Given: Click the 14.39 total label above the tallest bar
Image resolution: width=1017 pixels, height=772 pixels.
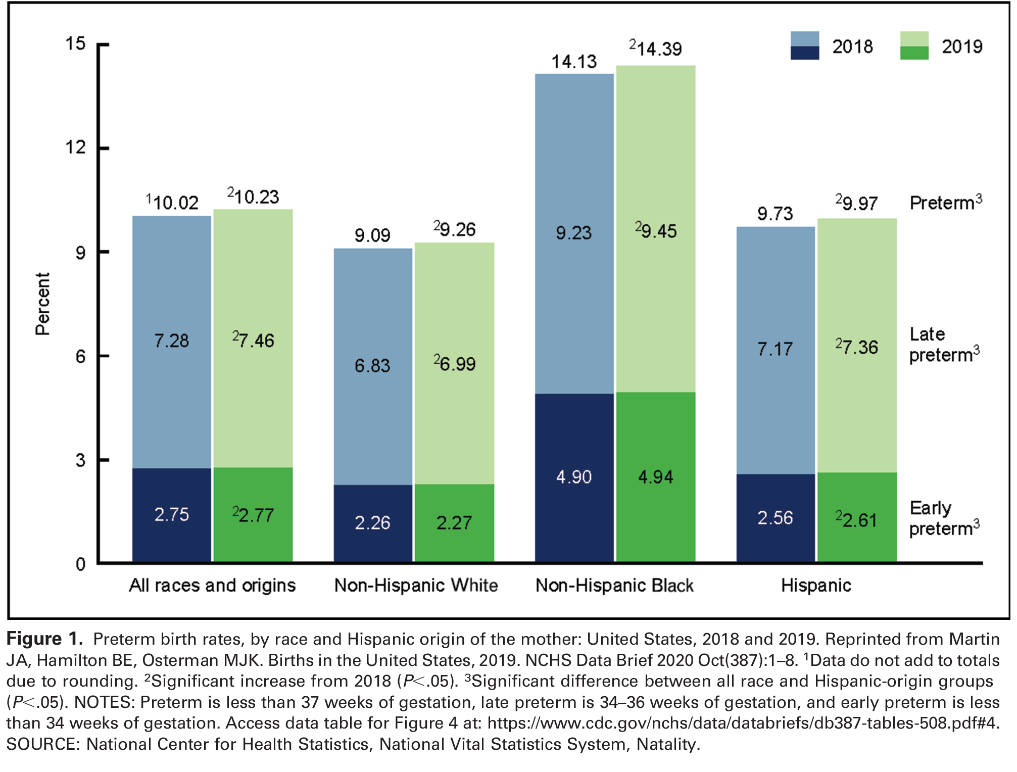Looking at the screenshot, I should click(658, 49).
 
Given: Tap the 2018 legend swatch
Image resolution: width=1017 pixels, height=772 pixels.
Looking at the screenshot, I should click(804, 46).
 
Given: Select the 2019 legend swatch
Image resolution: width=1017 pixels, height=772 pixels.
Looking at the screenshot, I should click(914, 46).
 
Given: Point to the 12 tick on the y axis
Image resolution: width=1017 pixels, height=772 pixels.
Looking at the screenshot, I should click(75, 148).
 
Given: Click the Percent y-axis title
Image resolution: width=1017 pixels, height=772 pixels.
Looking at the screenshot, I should click(43, 304).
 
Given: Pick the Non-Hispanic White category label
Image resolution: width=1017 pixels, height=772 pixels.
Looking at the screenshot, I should click(416, 585).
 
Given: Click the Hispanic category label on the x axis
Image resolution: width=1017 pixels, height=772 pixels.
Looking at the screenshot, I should click(816, 585).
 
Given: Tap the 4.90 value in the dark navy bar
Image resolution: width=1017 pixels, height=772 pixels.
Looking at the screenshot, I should click(573, 477).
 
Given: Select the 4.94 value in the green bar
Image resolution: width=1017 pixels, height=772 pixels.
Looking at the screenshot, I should click(655, 477).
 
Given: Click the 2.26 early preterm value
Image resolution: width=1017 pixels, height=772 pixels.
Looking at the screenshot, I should click(372, 522).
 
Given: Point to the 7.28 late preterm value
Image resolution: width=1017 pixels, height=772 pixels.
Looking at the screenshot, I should click(171, 341).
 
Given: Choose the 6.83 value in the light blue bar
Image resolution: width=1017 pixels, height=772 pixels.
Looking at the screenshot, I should click(372, 365).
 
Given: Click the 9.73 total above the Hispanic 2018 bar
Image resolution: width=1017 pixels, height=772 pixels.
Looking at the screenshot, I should click(774, 214).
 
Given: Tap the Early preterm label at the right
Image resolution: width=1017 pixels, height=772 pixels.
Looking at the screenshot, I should click(943, 518).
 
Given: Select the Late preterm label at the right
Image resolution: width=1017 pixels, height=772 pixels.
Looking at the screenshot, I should click(943, 345).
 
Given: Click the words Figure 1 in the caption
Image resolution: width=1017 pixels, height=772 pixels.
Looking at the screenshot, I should click(44, 639).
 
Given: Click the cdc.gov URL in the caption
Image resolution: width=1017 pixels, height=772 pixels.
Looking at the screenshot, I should click(743, 723).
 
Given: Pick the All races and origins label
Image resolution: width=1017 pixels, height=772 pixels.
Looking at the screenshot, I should click(212, 585).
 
